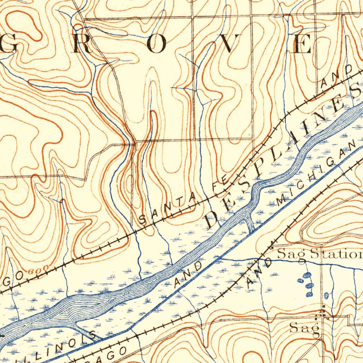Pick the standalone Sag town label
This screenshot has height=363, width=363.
(304, 328)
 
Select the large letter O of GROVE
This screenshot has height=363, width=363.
(156, 44)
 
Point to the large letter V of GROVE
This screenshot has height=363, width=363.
(229, 44)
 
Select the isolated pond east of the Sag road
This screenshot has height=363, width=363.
(326, 295)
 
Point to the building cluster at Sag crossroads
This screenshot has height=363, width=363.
(323, 313)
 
